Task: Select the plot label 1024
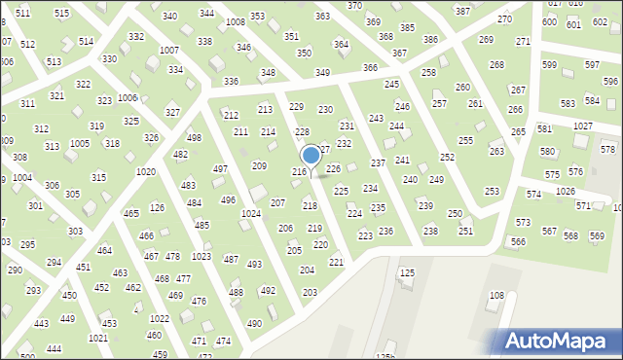(x=250, y=213)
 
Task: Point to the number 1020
(x=146, y=171)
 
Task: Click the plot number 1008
(x=235, y=21)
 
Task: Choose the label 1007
(x=168, y=50)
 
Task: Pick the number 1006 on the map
(x=128, y=98)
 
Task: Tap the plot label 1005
(x=80, y=143)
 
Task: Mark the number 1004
(x=21, y=178)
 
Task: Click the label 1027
(x=582, y=126)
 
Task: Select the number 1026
(x=565, y=191)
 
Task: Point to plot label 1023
(x=202, y=257)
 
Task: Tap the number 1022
(x=160, y=318)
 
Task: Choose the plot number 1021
(x=98, y=338)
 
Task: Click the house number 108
(x=496, y=295)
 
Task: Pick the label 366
(x=370, y=67)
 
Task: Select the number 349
(x=322, y=73)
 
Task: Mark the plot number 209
(x=259, y=166)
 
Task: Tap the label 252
(x=447, y=157)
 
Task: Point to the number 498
(x=195, y=138)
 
